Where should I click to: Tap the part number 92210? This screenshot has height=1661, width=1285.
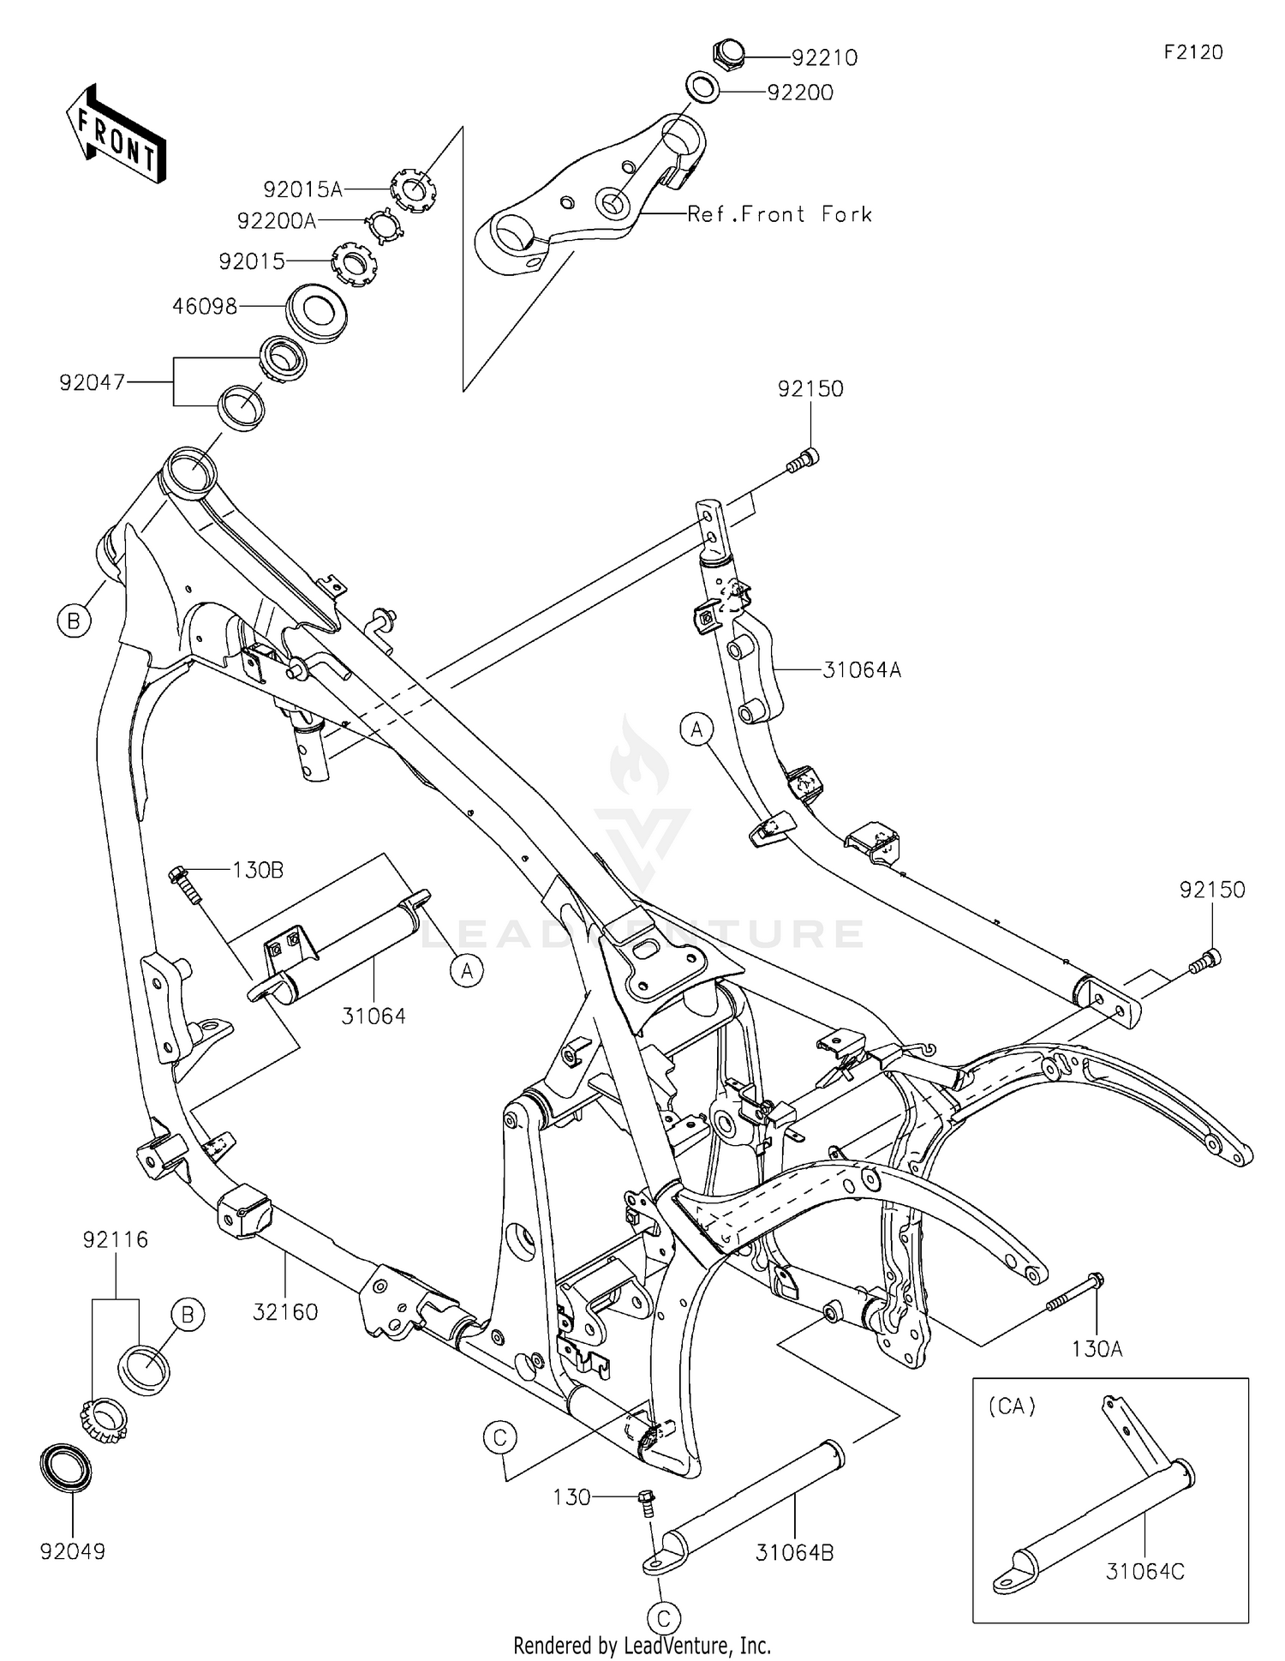pyautogui.click(x=824, y=57)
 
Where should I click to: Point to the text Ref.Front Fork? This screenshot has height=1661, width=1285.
pyautogui.click(x=780, y=214)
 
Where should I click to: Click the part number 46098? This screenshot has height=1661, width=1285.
pyautogui.click(x=205, y=306)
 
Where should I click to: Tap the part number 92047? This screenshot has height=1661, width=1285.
pyautogui.click(x=92, y=382)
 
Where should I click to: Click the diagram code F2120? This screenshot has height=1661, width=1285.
pyautogui.click(x=1193, y=52)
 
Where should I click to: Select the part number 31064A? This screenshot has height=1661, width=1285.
pyautogui.click(x=862, y=669)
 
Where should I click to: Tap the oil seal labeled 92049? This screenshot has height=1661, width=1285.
pyautogui.click(x=67, y=1469)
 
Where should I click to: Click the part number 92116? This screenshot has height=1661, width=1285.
pyautogui.click(x=116, y=1239)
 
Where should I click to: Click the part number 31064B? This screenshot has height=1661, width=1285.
pyautogui.click(x=795, y=1552)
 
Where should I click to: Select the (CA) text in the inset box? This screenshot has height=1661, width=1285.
pyautogui.click(x=1013, y=1406)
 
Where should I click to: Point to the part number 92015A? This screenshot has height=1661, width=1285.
pyautogui.click(x=302, y=189)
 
